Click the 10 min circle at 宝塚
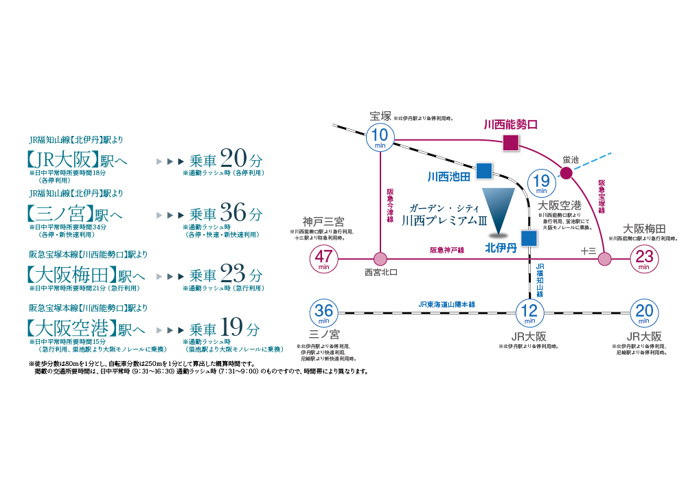pyautogui.click(x=380, y=137)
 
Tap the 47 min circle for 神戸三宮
pyautogui.click(x=323, y=259)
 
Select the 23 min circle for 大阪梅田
pyautogui.click(x=644, y=259)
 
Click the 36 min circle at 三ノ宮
pyautogui.click(x=323, y=312)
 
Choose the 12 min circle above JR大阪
pyautogui.click(x=529, y=312)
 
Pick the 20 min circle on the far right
pyautogui.click(x=644, y=312)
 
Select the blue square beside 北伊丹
pyautogui.click(x=528, y=238)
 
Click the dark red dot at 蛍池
pyautogui.click(x=566, y=173)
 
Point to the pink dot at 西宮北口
pyautogui.click(x=380, y=259)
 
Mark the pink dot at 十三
pyautogui.click(x=604, y=259)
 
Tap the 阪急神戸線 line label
pyautogui.click(x=447, y=251)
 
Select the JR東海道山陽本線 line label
pyautogui.click(x=446, y=304)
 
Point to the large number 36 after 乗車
pyautogui.click(x=233, y=213)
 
